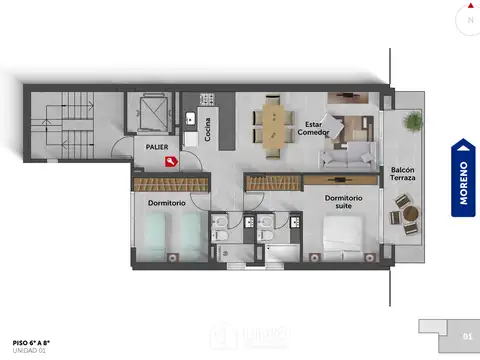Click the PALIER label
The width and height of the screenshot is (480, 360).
pyautogui.click(x=156, y=146)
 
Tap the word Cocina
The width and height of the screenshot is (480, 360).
pyautogui.click(x=208, y=130)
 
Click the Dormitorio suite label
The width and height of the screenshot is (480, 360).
pyautogui.click(x=343, y=203)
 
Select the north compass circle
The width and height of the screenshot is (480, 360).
pyautogui.click(x=467, y=19)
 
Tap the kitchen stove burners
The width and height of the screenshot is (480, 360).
pyautogui.click(x=209, y=100)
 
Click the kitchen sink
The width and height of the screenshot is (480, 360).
pyautogui.click(x=189, y=118)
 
